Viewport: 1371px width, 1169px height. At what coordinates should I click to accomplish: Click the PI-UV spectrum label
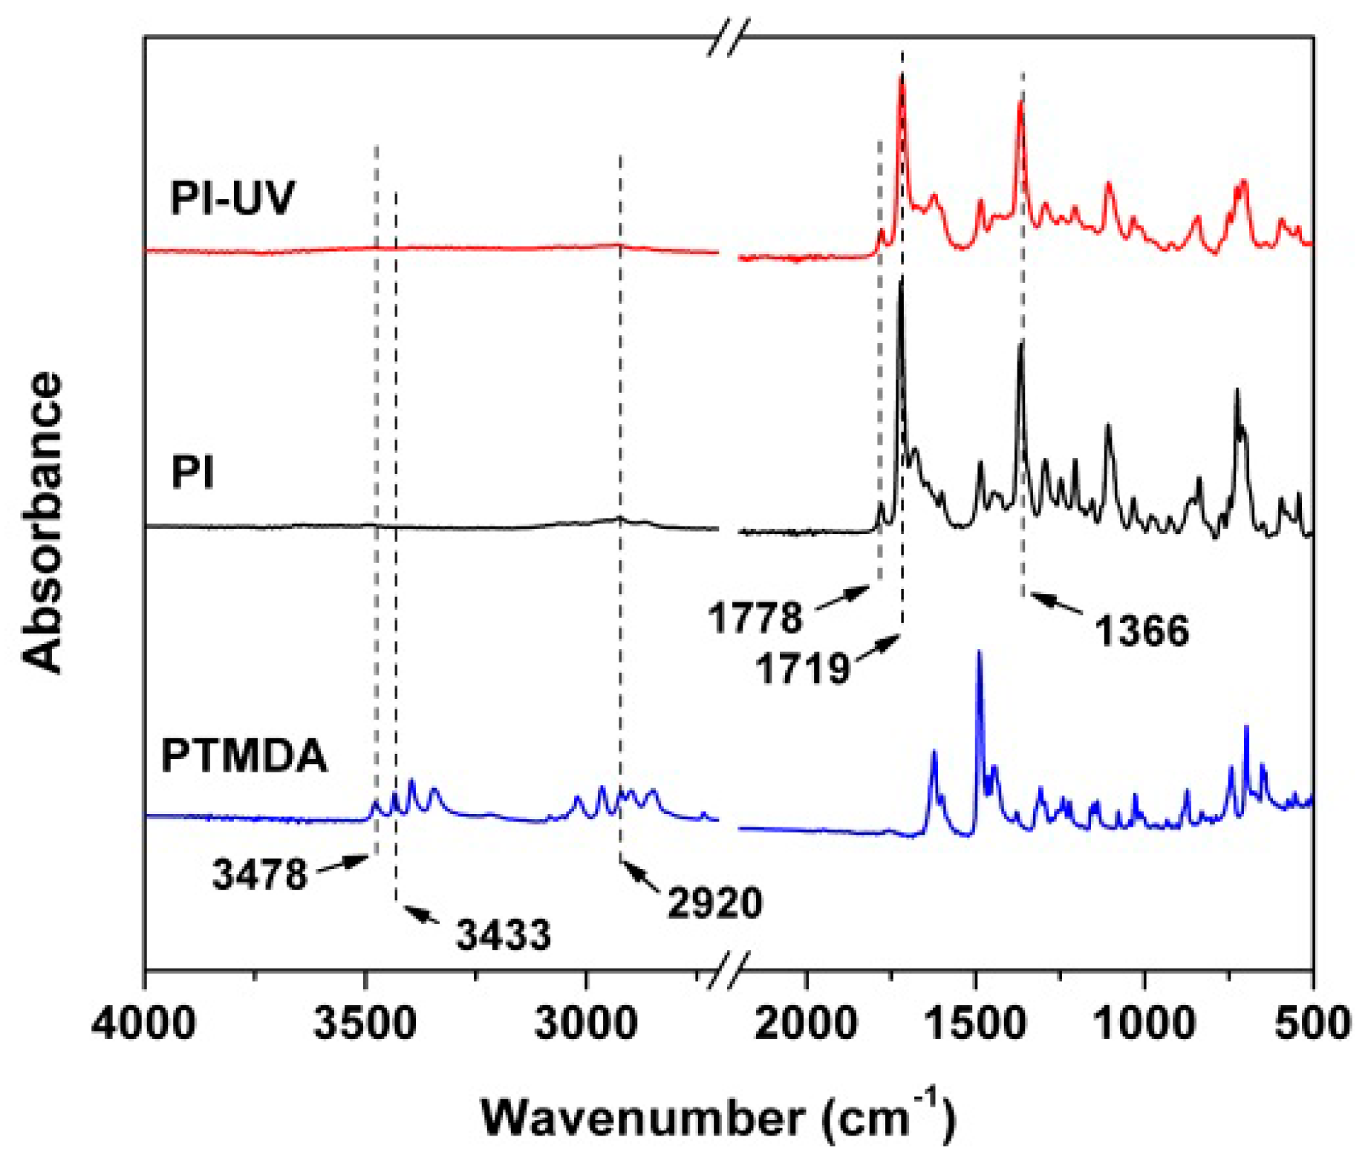tap(232, 198)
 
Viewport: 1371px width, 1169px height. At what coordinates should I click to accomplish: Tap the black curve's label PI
tap(192, 472)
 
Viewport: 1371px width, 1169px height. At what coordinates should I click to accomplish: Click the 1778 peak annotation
tap(755, 618)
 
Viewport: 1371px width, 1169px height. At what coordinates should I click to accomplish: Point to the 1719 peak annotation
tap(802, 667)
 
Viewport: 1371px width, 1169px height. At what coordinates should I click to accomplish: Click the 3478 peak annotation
tap(259, 874)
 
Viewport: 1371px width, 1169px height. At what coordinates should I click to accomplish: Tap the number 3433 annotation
tap(504, 934)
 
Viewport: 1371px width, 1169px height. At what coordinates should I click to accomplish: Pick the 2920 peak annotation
tap(714, 903)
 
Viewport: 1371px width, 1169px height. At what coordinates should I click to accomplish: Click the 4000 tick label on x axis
tap(145, 1023)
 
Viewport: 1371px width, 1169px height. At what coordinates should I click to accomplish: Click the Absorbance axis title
tap(42, 523)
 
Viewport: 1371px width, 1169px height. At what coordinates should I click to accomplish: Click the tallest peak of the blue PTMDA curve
tap(979, 653)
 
